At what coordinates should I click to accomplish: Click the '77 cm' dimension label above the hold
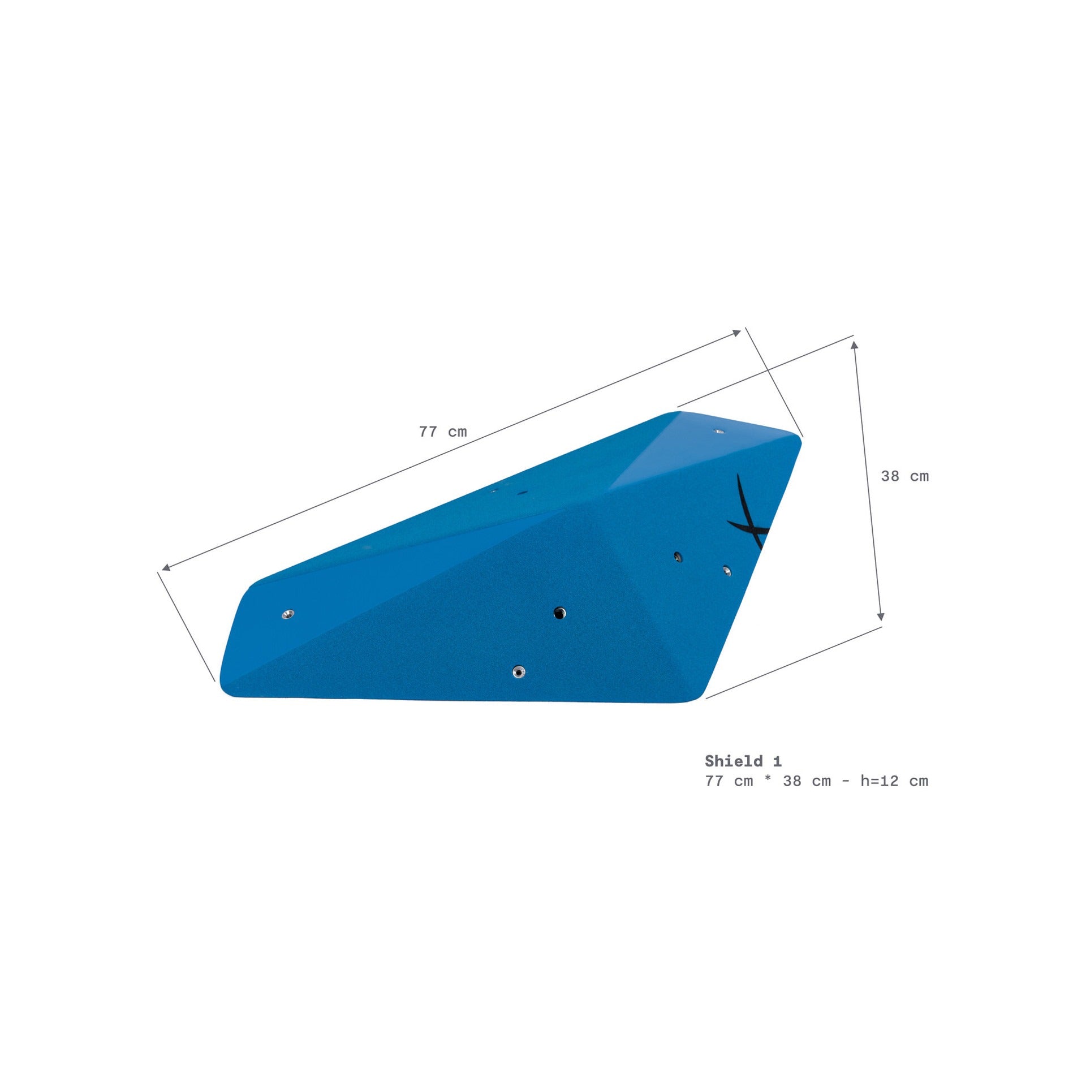443,432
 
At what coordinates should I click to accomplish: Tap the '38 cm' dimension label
904,476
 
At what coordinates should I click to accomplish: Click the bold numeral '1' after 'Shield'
777,761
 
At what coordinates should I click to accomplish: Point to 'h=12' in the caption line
880,781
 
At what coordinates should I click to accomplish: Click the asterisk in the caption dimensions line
768,781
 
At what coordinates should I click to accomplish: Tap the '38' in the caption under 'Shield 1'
792,781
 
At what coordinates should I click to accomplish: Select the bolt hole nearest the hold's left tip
288,614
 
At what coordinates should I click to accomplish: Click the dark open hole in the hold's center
559,613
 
